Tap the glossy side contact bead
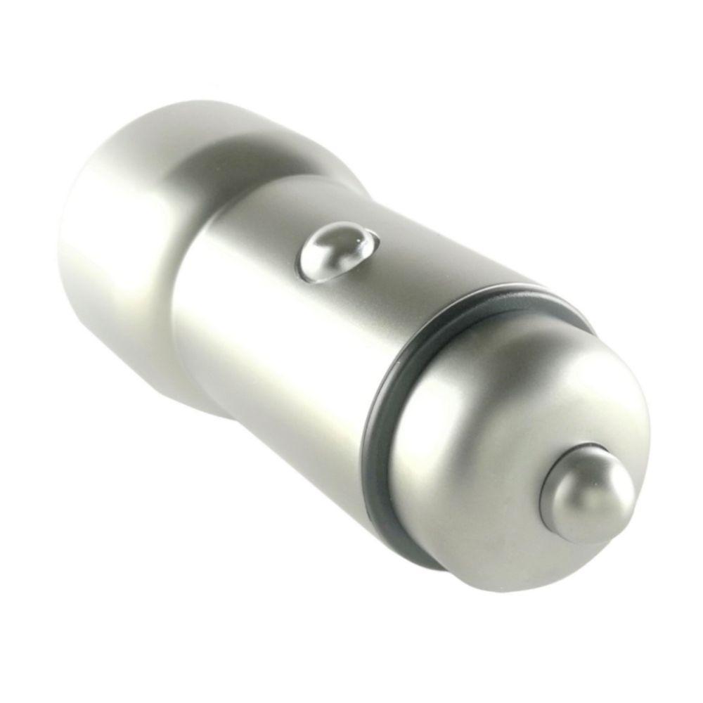pos(336,252)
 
